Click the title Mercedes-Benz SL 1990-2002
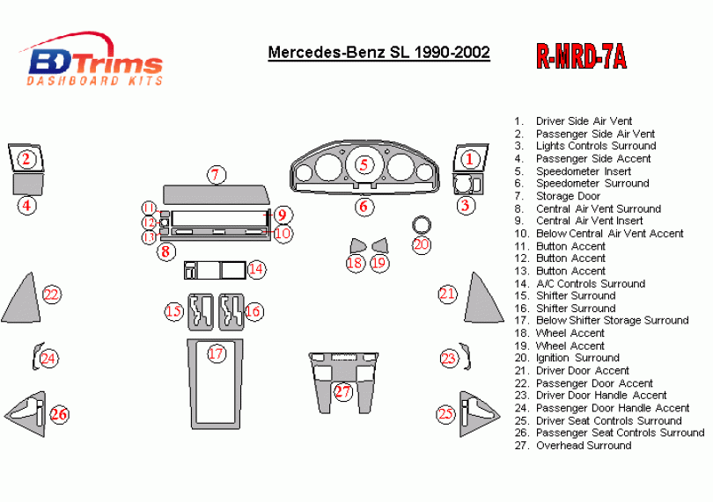pyautogui.click(x=379, y=53)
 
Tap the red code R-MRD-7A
pyautogui.click(x=581, y=55)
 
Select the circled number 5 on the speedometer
pyautogui.click(x=363, y=164)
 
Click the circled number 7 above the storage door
pyautogui.click(x=215, y=174)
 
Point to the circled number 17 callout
pyautogui.click(x=216, y=353)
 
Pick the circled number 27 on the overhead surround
pyautogui.click(x=342, y=391)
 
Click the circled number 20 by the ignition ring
pyautogui.click(x=422, y=244)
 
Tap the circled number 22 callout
pyautogui.click(x=51, y=295)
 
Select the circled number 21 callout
pyautogui.click(x=448, y=294)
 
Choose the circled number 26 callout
pyautogui.click(x=58, y=414)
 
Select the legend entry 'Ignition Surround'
pyautogui.click(x=577, y=358)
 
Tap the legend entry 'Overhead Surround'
pyautogui.click(x=583, y=445)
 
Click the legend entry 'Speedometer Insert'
pyautogui.click(x=583, y=171)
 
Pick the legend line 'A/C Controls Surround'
pyautogui.click(x=590, y=283)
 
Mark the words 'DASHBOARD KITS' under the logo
pyautogui.click(x=95, y=81)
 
